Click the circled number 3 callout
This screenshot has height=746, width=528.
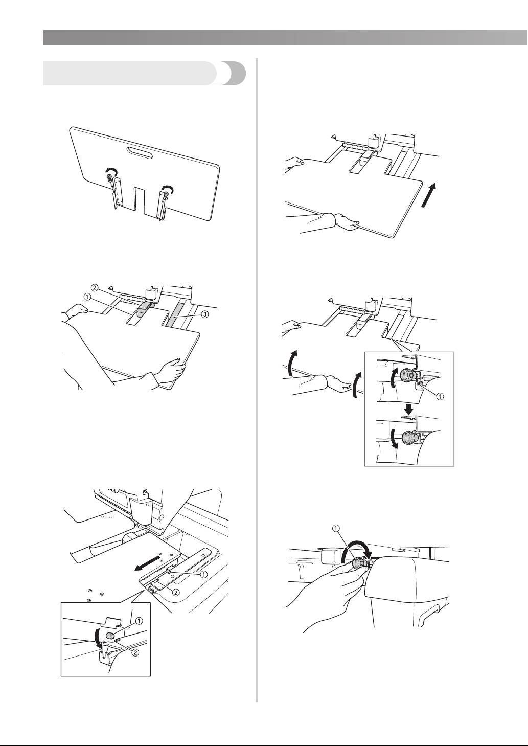pos(204,314)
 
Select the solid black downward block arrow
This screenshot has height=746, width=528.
pos(408,409)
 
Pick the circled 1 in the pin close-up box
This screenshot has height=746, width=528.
pos(139,620)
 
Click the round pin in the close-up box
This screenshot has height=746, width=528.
pos(110,634)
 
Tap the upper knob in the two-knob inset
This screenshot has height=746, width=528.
pos(407,375)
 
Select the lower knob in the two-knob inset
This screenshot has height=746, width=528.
pos(408,437)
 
